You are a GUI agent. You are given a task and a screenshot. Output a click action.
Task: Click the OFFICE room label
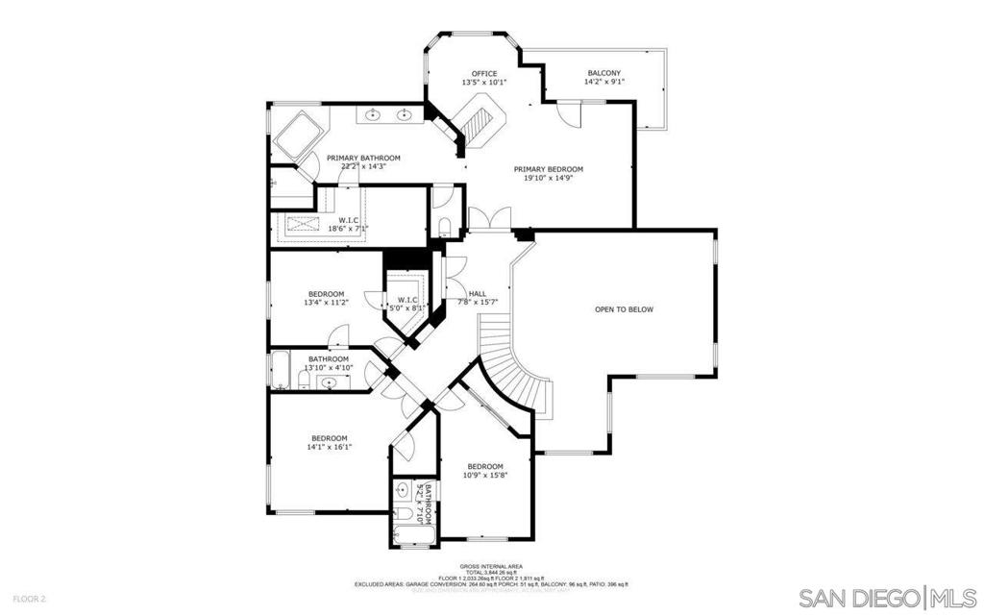pyautogui.click(x=483, y=74)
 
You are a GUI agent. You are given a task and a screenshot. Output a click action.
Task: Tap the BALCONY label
pyautogui.click(x=603, y=73)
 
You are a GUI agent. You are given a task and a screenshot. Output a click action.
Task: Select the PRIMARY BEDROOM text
pyautogui.click(x=548, y=169)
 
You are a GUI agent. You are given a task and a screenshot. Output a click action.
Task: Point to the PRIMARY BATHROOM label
pyautogui.click(x=363, y=158)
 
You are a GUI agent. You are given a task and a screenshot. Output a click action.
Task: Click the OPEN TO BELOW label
pyautogui.click(x=624, y=309)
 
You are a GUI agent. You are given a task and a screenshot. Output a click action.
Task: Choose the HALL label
pyautogui.click(x=477, y=294)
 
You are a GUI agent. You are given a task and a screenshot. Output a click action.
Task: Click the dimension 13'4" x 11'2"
pyautogui.click(x=326, y=304)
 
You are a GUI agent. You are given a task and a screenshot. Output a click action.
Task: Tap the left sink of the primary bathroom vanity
pyautogui.click(x=374, y=116)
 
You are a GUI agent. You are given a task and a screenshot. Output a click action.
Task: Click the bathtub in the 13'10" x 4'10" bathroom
pyautogui.click(x=281, y=369)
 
